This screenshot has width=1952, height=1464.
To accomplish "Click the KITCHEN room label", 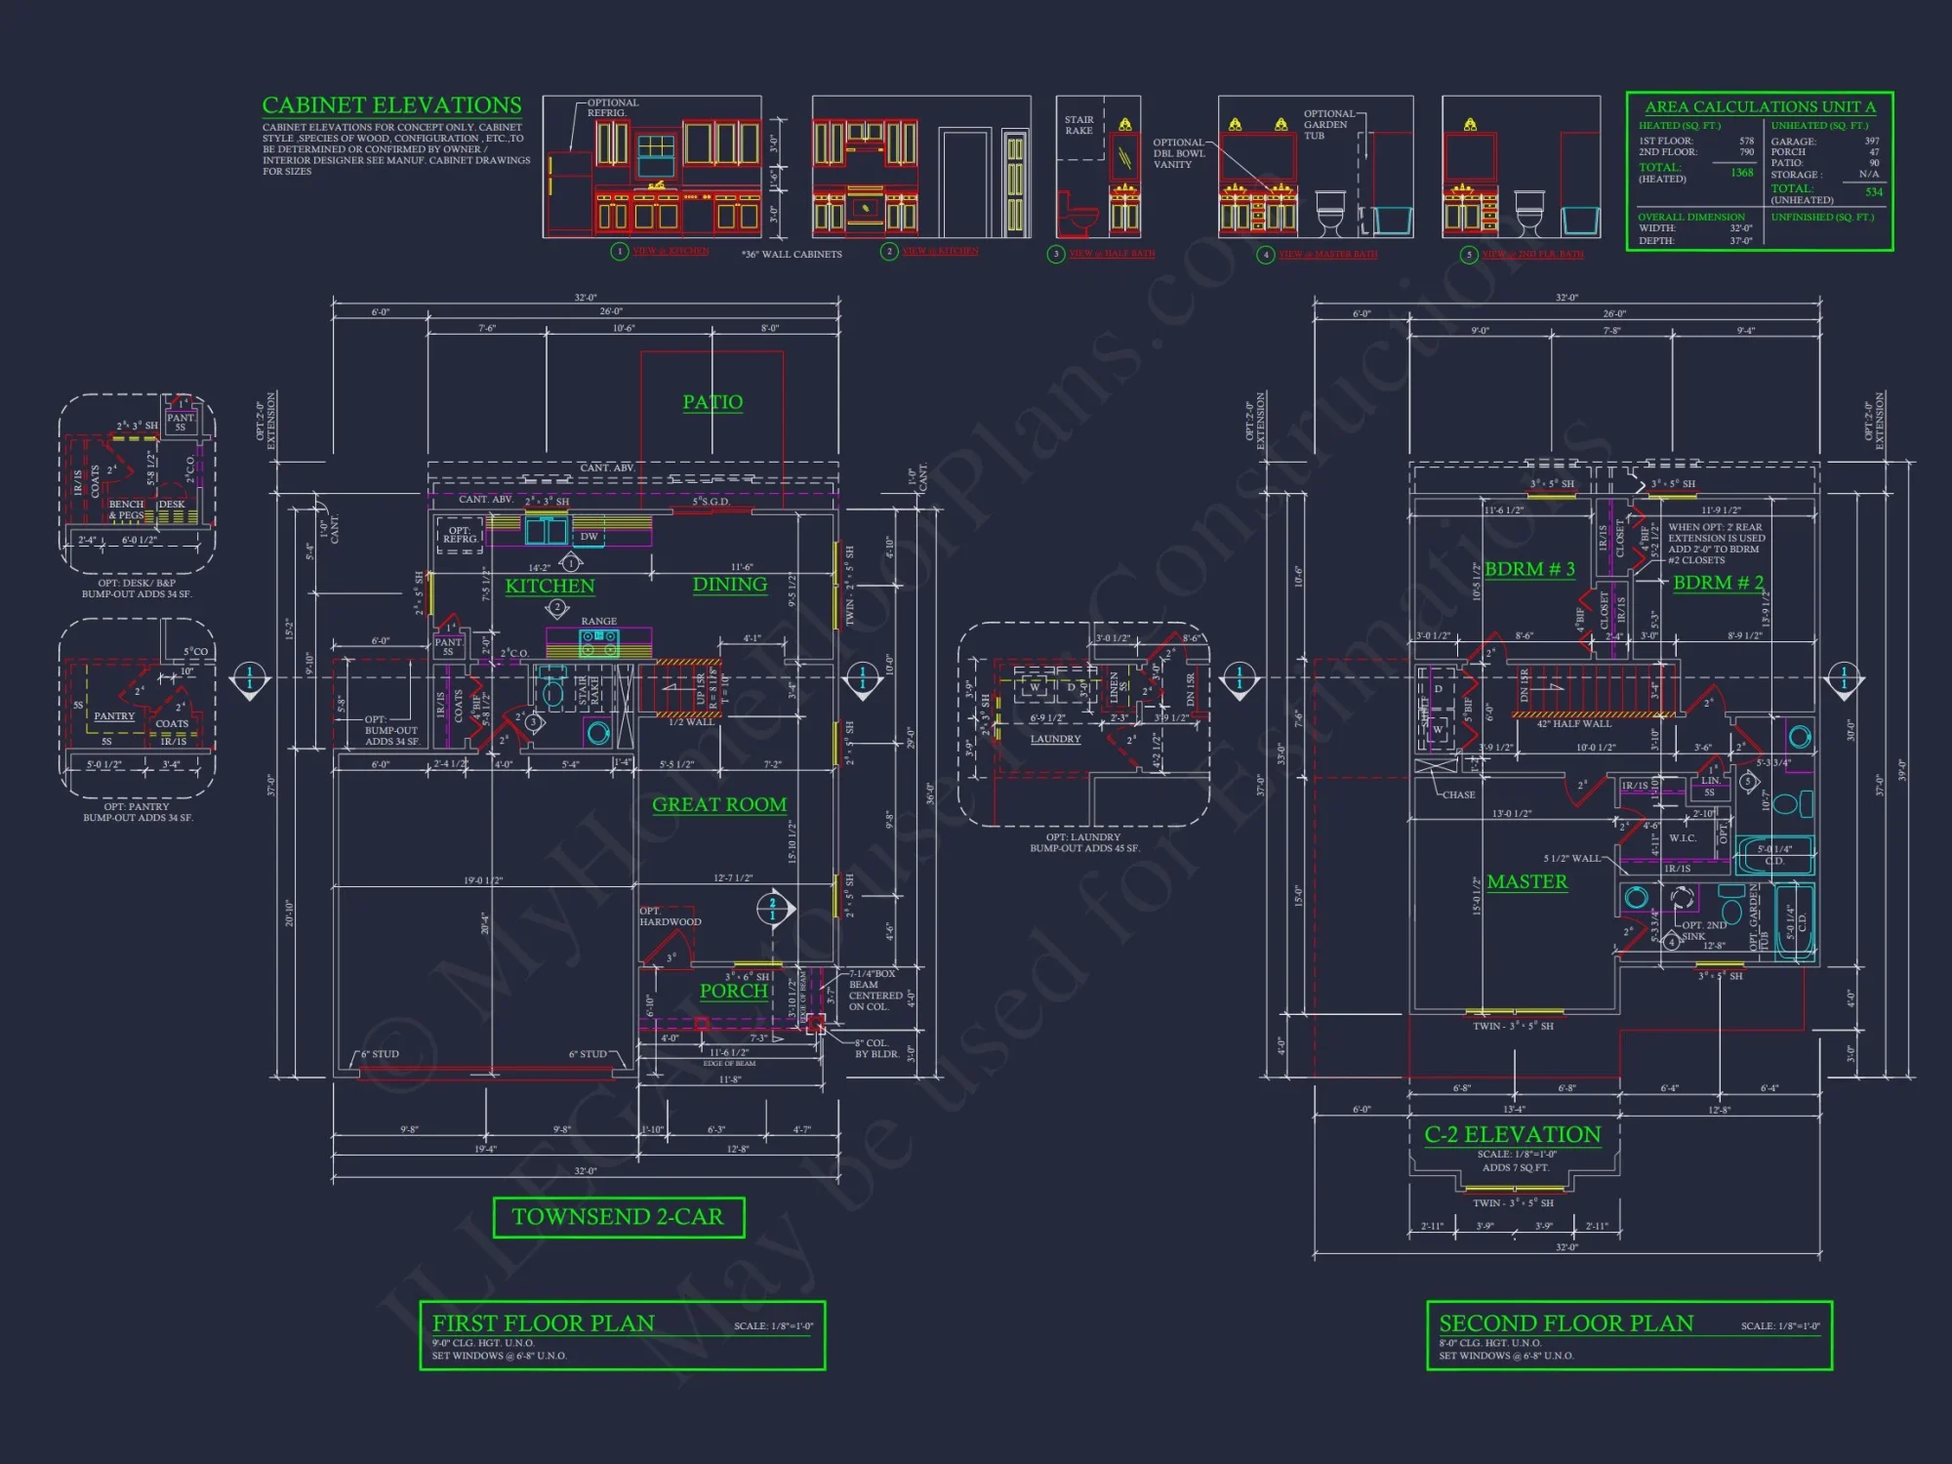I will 549,586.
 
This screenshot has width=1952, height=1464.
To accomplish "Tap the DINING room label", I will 729,585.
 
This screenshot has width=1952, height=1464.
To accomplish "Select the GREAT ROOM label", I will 719,805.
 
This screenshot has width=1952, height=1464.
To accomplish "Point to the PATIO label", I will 712,402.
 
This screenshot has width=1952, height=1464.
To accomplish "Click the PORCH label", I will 733,991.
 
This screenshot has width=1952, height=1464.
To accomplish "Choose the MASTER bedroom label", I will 1526,882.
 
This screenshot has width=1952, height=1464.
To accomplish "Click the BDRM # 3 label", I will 1529,569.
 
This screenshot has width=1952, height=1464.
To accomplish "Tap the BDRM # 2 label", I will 1718,583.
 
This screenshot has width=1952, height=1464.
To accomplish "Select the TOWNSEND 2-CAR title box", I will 619,1217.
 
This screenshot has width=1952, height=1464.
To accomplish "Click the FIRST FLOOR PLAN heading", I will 544,1323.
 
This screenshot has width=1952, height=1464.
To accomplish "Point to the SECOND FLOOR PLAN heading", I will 1566,1323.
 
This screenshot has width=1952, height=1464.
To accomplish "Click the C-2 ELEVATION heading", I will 1512,1134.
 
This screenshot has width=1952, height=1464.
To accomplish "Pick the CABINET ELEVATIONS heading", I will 391,105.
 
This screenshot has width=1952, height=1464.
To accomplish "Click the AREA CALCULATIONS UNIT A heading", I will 1760,107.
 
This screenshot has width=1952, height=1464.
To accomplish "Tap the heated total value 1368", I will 1741,173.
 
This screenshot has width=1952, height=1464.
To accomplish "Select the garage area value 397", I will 1871,142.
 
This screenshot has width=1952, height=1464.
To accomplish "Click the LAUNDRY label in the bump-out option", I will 1055,739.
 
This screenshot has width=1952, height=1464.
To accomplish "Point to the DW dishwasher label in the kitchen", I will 589,537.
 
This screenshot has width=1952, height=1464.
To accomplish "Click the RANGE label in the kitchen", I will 598,621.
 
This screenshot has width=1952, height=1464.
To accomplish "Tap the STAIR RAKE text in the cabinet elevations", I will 1078,125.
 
